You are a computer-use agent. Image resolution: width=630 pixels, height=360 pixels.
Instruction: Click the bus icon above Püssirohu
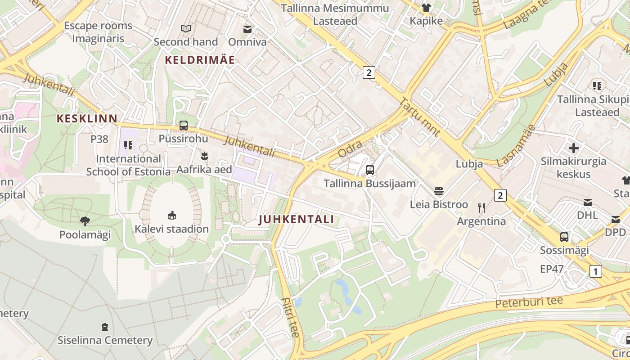[x=184, y=126]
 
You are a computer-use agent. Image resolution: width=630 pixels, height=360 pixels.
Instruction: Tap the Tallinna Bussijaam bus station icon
[x=370, y=170]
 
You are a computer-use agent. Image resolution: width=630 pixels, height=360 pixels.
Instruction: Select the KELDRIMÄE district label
[x=200, y=60]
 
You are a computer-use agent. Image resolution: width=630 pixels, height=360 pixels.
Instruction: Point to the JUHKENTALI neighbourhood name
[x=296, y=220]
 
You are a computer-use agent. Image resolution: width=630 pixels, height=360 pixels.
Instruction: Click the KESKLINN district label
[x=87, y=119]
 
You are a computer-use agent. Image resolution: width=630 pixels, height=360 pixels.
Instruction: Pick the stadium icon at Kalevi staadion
[x=172, y=216]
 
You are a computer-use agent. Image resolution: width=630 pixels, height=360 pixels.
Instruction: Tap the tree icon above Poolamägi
[x=85, y=221]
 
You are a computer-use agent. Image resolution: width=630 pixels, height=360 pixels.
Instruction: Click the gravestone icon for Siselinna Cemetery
[x=105, y=327]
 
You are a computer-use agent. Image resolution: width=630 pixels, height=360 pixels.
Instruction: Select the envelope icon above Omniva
[x=247, y=29]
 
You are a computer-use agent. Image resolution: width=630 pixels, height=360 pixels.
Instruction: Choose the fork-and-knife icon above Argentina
[x=481, y=207]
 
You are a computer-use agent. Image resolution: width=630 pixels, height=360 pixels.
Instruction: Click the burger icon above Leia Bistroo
[x=439, y=191]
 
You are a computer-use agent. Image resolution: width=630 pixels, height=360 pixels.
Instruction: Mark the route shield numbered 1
[x=595, y=271]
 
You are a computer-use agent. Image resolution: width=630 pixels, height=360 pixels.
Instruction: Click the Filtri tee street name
[x=290, y=317]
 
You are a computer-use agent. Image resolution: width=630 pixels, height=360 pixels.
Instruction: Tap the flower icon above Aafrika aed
[x=204, y=156]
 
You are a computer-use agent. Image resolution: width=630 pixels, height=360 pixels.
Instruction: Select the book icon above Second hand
[x=186, y=28]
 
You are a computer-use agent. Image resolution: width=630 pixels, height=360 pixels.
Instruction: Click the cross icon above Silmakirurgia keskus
[x=574, y=148]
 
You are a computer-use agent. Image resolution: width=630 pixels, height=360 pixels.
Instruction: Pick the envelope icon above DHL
[x=588, y=202]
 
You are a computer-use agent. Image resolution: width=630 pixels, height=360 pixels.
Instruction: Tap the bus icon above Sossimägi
[x=564, y=237]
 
